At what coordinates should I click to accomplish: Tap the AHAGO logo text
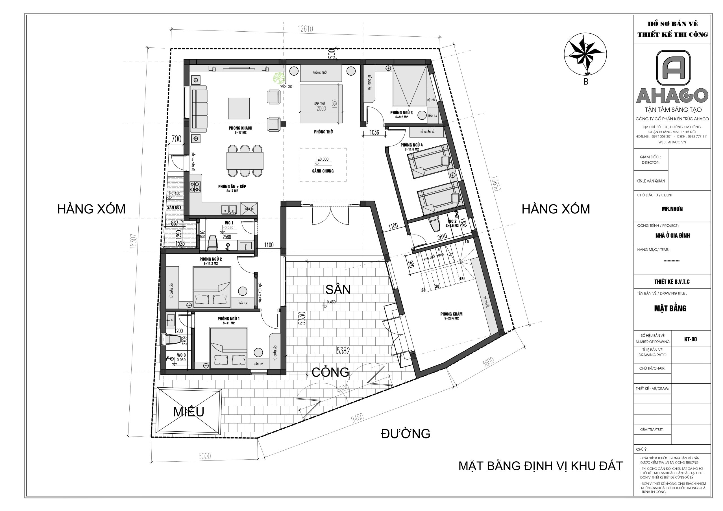(672, 95)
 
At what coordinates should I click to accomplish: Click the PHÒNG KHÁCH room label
(240, 128)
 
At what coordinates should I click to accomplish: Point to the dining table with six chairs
(245, 161)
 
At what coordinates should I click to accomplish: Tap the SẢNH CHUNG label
(323, 171)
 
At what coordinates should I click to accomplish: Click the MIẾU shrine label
(189, 412)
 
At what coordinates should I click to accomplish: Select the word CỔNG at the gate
(330, 372)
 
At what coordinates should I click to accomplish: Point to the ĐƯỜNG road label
(405, 434)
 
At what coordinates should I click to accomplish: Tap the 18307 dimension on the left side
(134, 242)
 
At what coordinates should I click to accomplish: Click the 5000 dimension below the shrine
(204, 456)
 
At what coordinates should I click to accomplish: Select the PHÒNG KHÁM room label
(451, 314)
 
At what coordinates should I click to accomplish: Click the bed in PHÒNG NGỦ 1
(228, 348)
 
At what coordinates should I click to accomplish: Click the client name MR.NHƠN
(672, 209)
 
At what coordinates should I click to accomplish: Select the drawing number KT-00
(690, 339)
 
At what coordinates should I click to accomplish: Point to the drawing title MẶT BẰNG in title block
(670, 308)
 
